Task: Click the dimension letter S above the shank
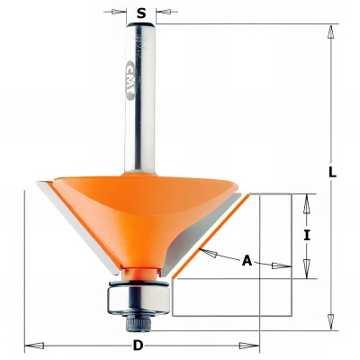click(141, 13)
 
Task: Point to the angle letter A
click(247, 261)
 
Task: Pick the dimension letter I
click(308, 235)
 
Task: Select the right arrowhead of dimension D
click(253, 346)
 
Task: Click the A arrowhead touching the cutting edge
click(206, 253)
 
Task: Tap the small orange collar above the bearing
click(139, 273)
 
